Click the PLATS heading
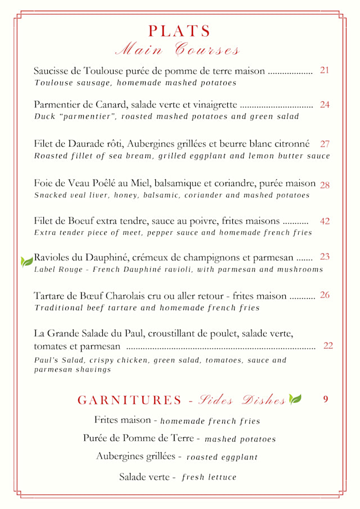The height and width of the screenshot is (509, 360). tap(179, 31)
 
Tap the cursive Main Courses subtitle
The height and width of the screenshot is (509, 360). tap(177, 49)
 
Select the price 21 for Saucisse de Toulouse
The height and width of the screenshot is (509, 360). tap(325, 70)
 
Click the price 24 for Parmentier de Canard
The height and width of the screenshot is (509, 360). tap(325, 105)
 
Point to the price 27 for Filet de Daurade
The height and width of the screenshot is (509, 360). tap(325, 144)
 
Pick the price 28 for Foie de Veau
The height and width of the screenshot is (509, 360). tap(325, 185)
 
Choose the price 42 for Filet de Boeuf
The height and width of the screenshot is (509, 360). tap(325, 221)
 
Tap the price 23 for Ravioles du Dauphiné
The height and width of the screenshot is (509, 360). tap(325, 256)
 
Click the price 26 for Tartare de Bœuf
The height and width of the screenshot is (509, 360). tap(325, 295)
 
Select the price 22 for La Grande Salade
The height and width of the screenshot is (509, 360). tap(328, 346)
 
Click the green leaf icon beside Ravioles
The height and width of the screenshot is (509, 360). tap(26, 261)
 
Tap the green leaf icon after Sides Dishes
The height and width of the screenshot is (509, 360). tap(295, 399)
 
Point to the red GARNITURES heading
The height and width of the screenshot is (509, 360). tap(129, 400)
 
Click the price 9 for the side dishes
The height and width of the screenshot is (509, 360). tap(326, 399)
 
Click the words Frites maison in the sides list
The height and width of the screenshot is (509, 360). tap(122, 420)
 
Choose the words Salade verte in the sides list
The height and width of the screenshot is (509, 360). tap(144, 477)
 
